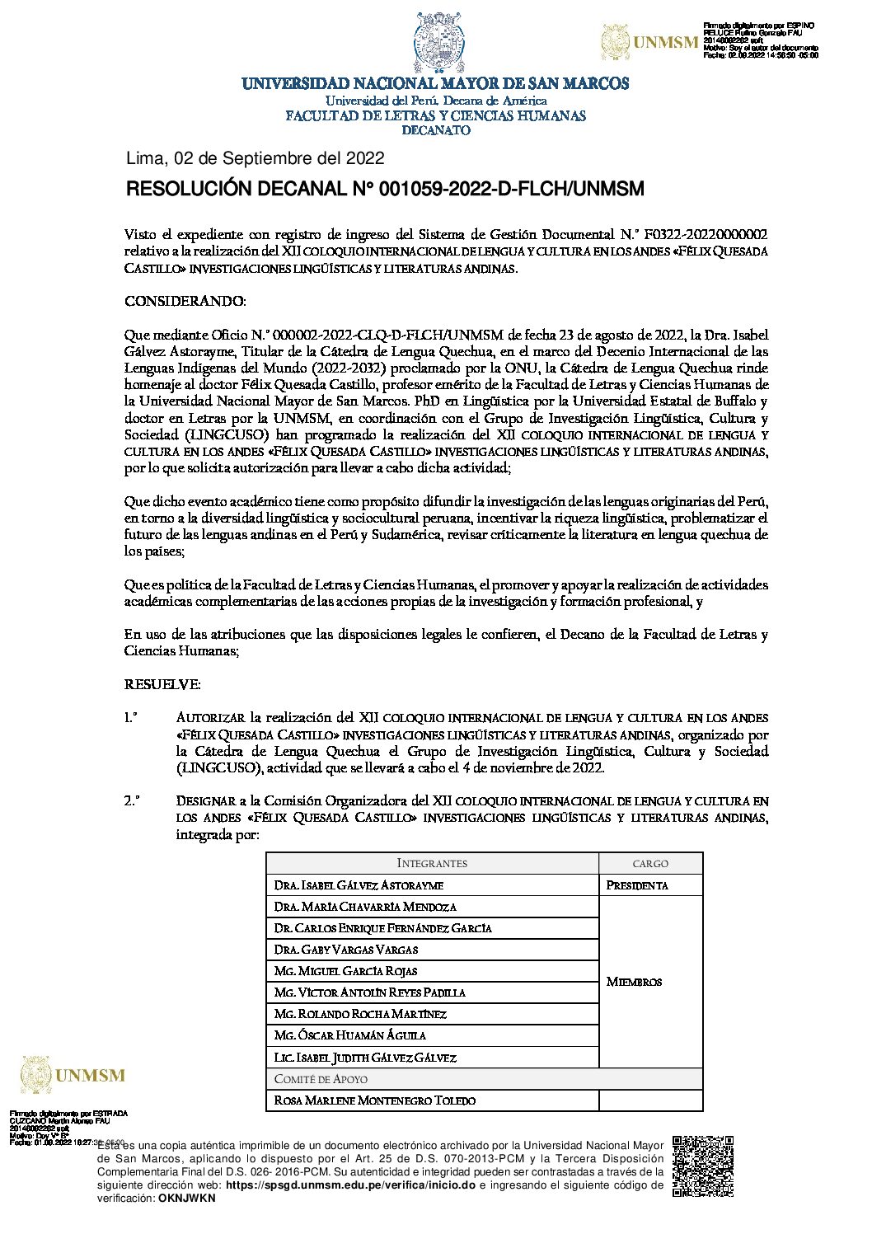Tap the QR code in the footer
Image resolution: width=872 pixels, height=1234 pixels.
(702, 1166)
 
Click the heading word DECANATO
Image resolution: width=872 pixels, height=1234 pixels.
(436, 130)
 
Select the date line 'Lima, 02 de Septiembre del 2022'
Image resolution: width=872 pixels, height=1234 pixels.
(255, 158)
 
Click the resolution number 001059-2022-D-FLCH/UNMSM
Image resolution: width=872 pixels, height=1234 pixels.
(511, 190)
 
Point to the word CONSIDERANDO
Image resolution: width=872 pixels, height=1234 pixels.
(185, 302)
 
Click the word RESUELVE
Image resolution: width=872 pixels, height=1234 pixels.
(162, 685)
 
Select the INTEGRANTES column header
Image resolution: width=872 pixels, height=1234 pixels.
(432, 864)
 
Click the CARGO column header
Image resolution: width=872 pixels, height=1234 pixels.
(650, 864)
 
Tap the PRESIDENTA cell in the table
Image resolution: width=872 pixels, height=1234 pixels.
(637, 885)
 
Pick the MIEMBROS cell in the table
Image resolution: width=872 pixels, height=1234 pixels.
(634, 982)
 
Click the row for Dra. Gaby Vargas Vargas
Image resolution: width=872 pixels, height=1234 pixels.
(346, 950)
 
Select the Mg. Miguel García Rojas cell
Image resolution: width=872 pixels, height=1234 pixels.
(346, 971)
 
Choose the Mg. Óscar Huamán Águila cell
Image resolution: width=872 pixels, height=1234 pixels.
(350, 1035)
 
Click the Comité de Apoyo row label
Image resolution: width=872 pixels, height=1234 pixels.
(321, 1079)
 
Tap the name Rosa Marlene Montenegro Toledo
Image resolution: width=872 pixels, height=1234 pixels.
(375, 1100)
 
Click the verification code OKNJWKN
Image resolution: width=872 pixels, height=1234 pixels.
(187, 1198)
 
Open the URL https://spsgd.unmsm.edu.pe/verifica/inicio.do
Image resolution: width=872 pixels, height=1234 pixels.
(350, 1185)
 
